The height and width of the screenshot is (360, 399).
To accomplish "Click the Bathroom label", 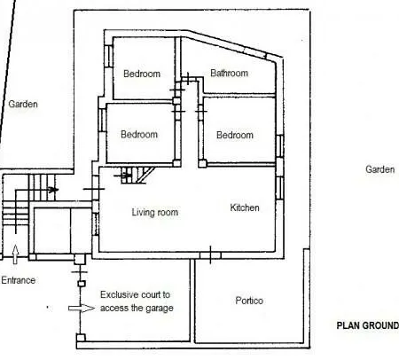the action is pyautogui.click(x=229, y=73).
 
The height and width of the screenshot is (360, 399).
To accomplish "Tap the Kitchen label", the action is pyautogui.click(x=245, y=207).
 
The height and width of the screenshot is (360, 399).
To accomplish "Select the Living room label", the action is pyautogui.click(x=155, y=212).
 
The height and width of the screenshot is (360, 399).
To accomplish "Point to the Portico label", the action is pyautogui.click(x=249, y=301).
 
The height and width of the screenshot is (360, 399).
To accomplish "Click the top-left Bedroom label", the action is pyautogui.click(x=142, y=74).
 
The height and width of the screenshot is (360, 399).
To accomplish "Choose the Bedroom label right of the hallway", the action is pyautogui.click(x=235, y=135).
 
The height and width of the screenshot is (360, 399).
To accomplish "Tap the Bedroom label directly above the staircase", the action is pyautogui.click(x=139, y=134).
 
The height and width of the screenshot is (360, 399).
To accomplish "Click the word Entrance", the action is pyautogui.click(x=19, y=280).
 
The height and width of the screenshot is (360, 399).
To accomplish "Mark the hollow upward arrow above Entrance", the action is pyautogui.click(x=15, y=254).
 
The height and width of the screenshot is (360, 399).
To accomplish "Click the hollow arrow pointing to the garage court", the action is pyautogui.click(x=82, y=309).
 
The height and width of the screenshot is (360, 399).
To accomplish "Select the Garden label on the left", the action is pyautogui.click(x=23, y=104).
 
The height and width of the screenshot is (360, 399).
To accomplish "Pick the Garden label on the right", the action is pyautogui.click(x=379, y=169).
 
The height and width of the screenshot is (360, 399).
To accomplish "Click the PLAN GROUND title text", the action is pyautogui.click(x=368, y=325).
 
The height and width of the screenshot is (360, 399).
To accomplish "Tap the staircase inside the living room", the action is pyautogui.click(x=136, y=175).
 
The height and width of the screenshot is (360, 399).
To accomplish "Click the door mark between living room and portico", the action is pyautogui.click(x=210, y=254).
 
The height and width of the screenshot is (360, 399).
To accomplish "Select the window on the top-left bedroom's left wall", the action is pyautogui.click(x=108, y=56).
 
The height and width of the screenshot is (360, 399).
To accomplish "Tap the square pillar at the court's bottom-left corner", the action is pyautogui.click(x=81, y=338).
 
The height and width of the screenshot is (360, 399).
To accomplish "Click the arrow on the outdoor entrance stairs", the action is pyautogui.click(x=52, y=190).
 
